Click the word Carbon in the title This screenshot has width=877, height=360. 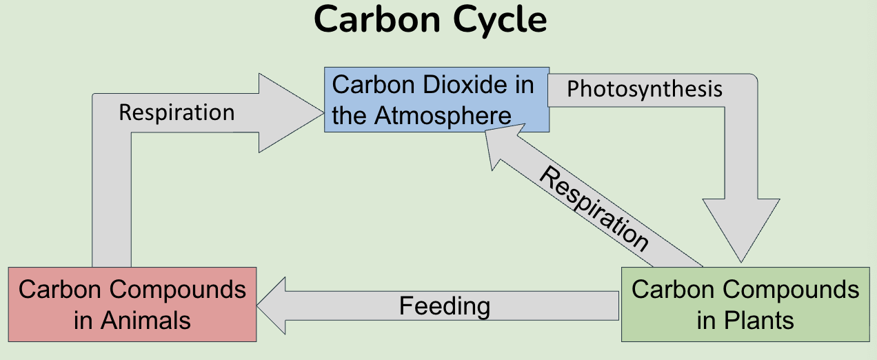click(x=377, y=21)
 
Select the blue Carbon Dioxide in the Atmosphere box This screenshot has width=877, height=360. click(x=436, y=100)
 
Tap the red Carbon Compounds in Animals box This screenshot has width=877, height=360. click(x=132, y=305)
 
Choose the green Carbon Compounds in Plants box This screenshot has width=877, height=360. click(x=745, y=305)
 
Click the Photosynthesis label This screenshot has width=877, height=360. click(x=645, y=89)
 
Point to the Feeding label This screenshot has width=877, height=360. click(x=445, y=306)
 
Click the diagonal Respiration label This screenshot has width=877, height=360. click(x=593, y=209)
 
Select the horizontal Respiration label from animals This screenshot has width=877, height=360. click(x=177, y=112)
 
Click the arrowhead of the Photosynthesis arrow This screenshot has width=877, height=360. click(x=741, y=228)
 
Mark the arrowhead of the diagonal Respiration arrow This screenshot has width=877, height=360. click(x=499, y=148)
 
